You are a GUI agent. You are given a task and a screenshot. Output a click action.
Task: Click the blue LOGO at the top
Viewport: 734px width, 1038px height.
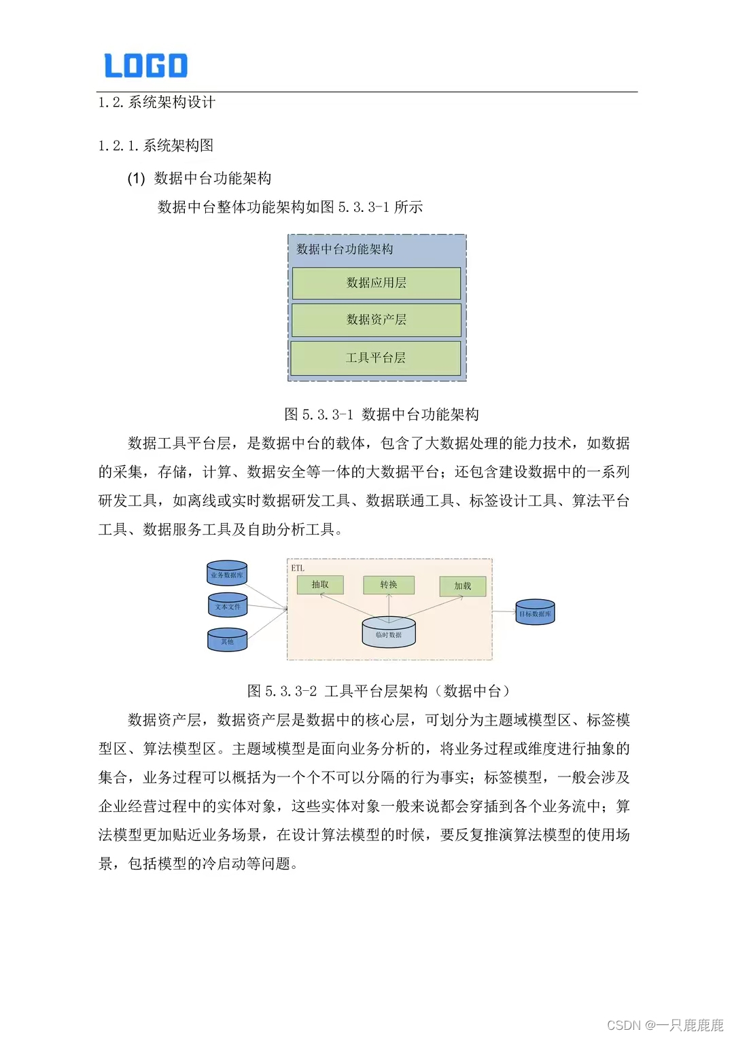point(145,65)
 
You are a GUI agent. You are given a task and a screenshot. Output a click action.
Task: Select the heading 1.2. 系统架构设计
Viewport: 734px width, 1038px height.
point(157,103)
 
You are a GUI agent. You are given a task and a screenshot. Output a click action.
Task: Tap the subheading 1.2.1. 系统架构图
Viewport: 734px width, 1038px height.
point(156,145)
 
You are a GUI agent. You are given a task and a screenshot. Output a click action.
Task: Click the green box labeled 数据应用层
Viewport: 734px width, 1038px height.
point(377,283)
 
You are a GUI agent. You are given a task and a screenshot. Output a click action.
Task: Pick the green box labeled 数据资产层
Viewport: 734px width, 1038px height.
point(377,319)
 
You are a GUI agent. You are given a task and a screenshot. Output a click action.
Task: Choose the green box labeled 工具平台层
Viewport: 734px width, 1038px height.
point(376,357)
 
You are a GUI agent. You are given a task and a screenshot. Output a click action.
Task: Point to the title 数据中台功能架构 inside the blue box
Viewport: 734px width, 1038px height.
point(345,249)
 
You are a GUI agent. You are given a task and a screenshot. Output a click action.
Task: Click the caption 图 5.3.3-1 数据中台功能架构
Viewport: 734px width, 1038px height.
point(381,414)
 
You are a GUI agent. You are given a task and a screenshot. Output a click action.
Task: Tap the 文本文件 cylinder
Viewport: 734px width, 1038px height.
point(228,606)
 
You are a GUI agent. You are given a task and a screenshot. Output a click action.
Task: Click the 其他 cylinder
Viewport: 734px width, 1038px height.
point(227,640)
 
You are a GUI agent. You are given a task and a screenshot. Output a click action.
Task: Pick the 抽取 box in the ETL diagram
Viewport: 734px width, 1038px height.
point(320,585)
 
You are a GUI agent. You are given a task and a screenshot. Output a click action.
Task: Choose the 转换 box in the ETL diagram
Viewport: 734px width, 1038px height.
point(389,585)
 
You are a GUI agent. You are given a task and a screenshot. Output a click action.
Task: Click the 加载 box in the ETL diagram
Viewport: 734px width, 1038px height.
point(463,586)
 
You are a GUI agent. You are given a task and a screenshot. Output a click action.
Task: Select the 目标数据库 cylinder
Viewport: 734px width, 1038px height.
point(535,613)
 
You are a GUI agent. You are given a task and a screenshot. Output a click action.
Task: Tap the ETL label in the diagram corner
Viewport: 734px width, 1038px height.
point(298,568)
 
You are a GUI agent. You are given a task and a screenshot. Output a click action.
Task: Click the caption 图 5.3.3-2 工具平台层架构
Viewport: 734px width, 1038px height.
point(378,691)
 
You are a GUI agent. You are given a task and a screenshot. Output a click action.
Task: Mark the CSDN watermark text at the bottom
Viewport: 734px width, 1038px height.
point(665,1025)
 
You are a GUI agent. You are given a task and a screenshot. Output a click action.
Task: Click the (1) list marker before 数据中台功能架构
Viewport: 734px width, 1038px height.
point(136,179)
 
